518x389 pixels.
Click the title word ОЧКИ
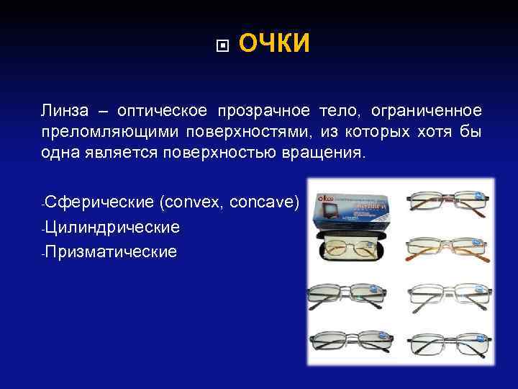tap(273, 45)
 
